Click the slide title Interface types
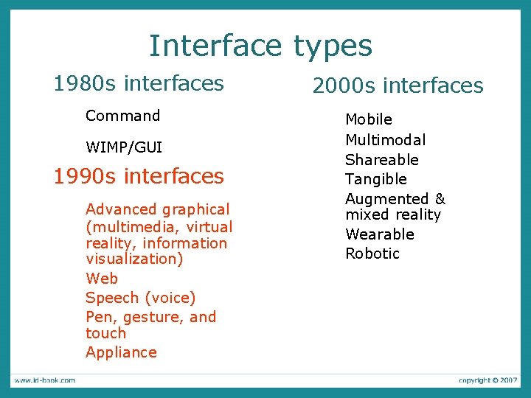[x=260, y=46]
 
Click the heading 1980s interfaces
[x=139, y=83]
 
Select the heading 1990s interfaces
[x=139, y=176]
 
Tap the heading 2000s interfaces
[x=398, y=86]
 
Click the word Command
[x=122, y=116]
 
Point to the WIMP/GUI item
[x=124, y=147]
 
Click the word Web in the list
[x=102, y=279]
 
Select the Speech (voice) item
[x=141, y=298]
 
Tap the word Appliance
[x=121, y=352]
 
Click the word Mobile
[x=369, y=119]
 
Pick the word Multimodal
[x=386, y=140]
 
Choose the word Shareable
[x=382, y=160]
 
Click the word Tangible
[x=376, y=179]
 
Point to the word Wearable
[x=380, y=234]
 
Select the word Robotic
[x=372, y=254]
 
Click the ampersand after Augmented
[x=440, y=199]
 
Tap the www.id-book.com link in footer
[x=44, y=380]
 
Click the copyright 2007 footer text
[x=487, y=380]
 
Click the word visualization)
[x=135, y=259]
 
